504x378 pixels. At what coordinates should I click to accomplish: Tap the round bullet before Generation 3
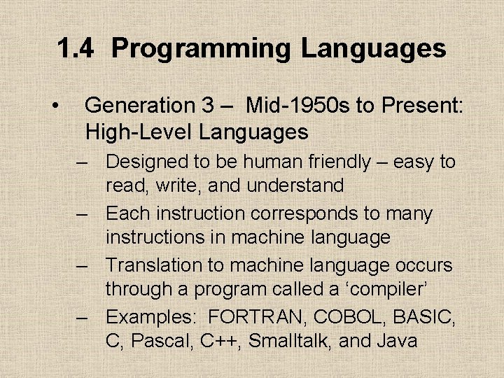point(55,106)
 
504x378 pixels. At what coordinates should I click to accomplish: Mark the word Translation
point(151,265)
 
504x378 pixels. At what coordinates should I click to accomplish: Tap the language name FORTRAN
point(258,316)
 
